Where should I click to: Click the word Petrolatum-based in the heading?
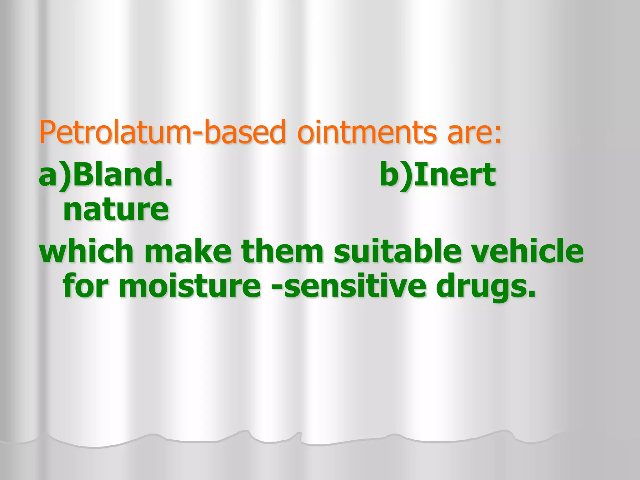pos(162,132)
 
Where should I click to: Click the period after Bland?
pos(168,183)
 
